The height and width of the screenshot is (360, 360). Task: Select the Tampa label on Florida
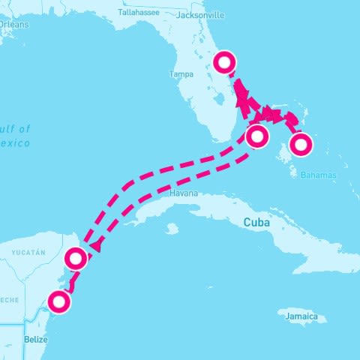182,74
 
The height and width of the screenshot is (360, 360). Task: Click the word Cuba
256,222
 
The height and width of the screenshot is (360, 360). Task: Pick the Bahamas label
319,175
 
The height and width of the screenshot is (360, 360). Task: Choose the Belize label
35,339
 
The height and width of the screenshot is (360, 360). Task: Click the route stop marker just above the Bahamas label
301,144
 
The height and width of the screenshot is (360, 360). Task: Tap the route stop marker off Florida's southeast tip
256,137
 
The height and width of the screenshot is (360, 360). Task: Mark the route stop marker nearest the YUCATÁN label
76,259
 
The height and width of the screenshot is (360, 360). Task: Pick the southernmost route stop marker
58,302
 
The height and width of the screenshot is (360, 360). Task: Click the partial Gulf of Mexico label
15,136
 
